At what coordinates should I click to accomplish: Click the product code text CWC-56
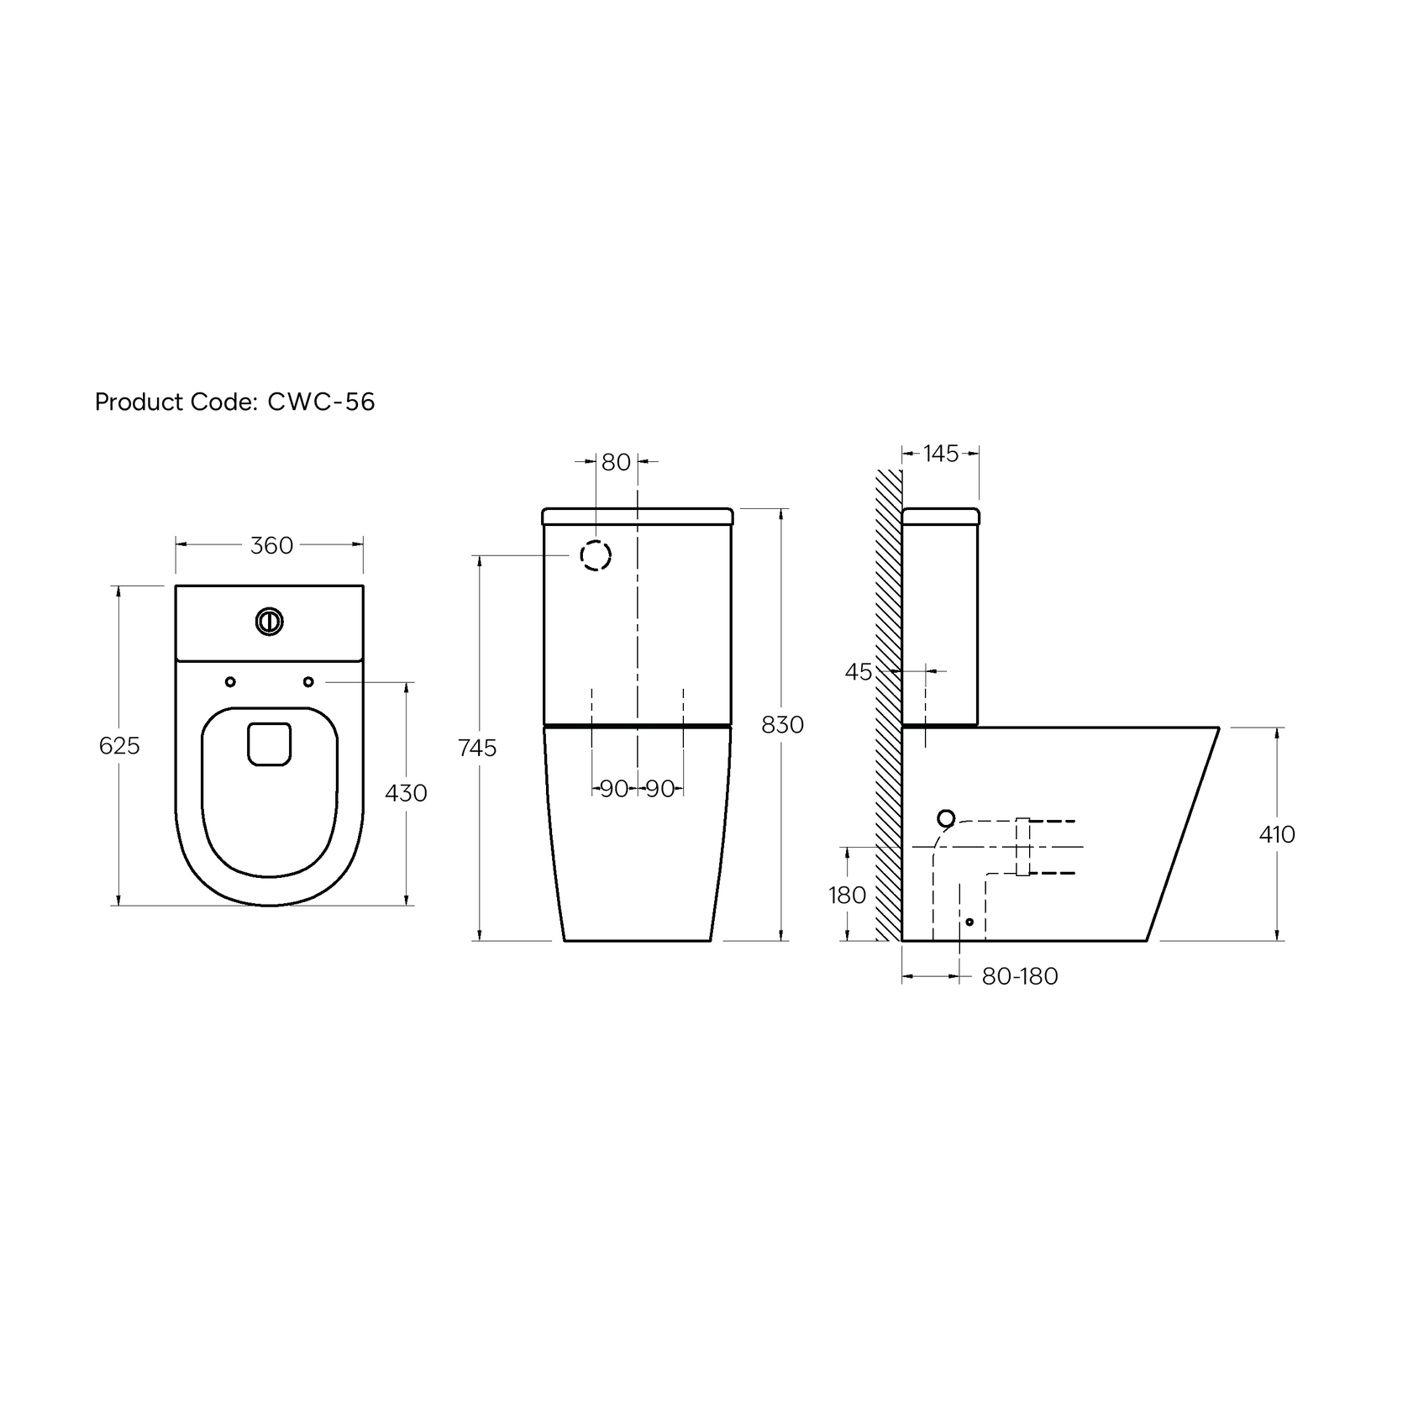(320, 402)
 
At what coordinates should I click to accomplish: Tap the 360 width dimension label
(271, 545)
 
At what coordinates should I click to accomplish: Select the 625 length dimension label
(119, 745)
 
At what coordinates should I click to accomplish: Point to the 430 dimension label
(406, 792)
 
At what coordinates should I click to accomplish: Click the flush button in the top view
(270, 622)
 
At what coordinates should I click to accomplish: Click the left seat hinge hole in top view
(230, 681)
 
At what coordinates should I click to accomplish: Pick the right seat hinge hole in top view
(308, 681)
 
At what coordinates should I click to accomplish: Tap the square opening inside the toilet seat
(270, 744)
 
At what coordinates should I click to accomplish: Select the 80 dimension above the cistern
(616, 462)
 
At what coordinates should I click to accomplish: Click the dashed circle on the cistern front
(596, 555)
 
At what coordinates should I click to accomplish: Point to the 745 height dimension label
(477, 747)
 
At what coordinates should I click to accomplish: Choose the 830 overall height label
(782, 724)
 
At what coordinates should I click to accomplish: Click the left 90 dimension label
(614, 789)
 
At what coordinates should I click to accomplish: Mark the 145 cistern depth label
(940, 454)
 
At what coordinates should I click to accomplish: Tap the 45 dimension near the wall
(859, 672)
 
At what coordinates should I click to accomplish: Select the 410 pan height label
(1277, 834)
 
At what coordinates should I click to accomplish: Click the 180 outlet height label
(847, 896)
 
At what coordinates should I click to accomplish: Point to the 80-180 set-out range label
(1019, 976)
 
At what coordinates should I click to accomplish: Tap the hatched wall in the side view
(888, 706)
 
